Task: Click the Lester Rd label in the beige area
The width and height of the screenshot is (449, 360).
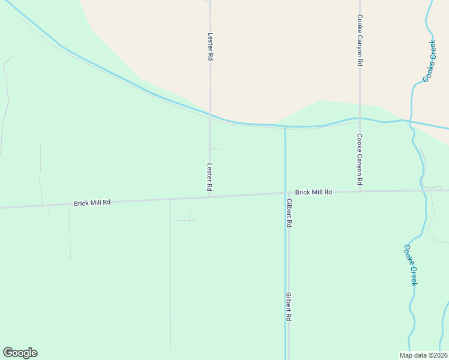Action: tap(211, 46)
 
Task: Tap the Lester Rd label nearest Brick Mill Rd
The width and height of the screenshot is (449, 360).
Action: tap(209, 178)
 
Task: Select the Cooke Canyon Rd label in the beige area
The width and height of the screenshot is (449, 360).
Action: tap(360, 40)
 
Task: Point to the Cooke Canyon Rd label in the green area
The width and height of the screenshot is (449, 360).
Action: tap(360, 158)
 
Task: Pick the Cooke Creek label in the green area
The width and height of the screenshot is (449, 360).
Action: tap(409, 265)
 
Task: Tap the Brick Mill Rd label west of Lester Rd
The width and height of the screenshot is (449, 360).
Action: tap(92, 203)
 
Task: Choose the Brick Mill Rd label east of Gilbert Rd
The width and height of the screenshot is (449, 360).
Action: tap(313, 192)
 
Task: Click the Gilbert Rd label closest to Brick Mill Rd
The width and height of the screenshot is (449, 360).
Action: tap(289, 212)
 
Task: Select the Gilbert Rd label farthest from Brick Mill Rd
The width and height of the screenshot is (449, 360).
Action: tap(289, 307)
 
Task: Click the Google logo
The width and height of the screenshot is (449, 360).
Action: tap(20, 353)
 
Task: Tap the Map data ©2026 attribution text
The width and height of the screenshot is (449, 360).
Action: tap(423, 355)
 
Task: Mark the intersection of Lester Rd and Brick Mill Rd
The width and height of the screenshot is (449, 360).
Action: tap(209, 196)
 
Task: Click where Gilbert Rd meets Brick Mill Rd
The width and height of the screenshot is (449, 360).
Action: tap(286, 193)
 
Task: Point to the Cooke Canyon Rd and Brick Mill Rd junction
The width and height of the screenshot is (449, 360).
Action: tap(360, 191)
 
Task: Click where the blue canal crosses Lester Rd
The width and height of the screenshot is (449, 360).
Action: tap(209, 115)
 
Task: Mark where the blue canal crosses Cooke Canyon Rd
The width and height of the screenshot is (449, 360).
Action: tap(360, 118)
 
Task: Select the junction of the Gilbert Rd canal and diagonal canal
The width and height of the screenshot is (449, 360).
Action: tap(285, 127)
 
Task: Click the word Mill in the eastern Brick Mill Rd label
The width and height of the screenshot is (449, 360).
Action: tap(316, 192)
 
